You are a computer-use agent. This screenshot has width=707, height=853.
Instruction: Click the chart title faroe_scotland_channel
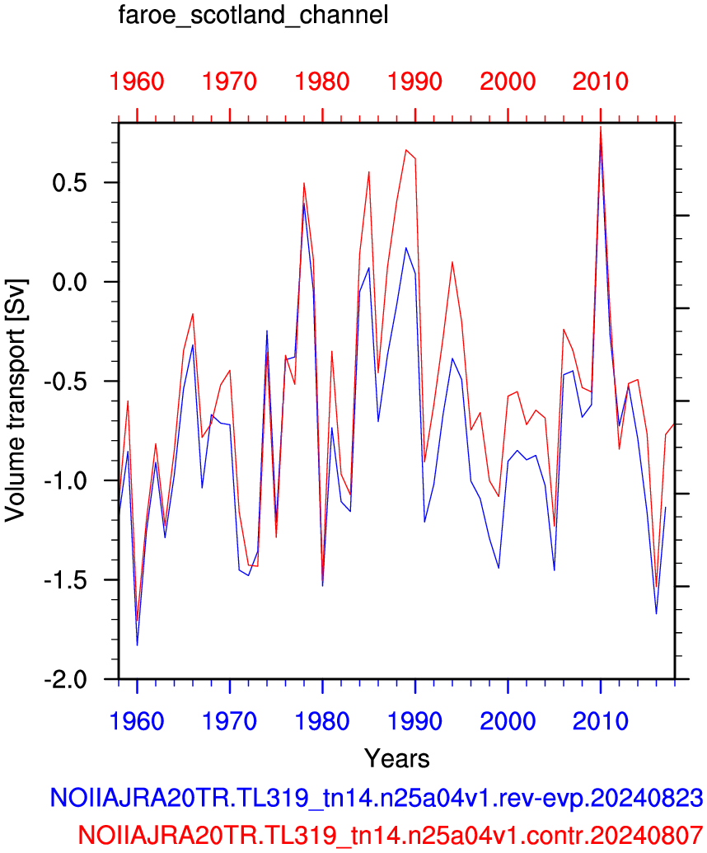point(254,15)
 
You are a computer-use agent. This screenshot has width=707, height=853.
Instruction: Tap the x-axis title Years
point(397,757)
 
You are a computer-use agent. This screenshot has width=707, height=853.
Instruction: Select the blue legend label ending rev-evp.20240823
point(377,798)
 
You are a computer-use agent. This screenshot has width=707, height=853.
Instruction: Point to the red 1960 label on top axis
point(137,82)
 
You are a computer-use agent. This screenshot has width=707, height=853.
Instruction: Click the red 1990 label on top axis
point(415,82)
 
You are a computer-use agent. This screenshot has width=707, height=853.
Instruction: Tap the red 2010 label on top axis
point(601,82)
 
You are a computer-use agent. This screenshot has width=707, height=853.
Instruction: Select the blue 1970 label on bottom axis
point(230,721)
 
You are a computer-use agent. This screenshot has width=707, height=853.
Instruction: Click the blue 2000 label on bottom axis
point(508,721)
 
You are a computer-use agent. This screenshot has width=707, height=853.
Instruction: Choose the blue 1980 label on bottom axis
point(322,721)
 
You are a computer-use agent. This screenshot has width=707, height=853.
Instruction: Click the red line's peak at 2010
point(601,127)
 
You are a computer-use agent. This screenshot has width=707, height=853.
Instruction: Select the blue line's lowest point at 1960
point(137,645)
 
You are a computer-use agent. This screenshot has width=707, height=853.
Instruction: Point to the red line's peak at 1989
point(405,150)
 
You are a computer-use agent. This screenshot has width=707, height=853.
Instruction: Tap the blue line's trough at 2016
point(657,614)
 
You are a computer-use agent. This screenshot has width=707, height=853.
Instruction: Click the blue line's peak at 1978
point(304,203)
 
